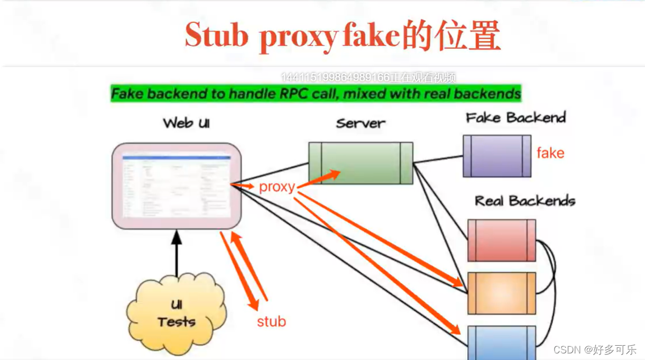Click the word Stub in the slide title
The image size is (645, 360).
tap(217, 36)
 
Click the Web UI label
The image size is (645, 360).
tap(186, 123)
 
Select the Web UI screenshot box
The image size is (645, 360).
tap(177, 185)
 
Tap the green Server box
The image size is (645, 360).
tap(360, 163)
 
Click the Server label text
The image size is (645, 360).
tap(361, 123)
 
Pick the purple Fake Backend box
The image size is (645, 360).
tap(497, 156)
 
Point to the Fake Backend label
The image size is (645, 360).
tap(516, 117)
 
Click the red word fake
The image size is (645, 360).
tap(550, 153)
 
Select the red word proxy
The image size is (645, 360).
tap(277, 187)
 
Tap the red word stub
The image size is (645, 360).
tap(271, 321)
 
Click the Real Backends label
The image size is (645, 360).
tap(525, 201)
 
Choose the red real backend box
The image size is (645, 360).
tap(501, 240)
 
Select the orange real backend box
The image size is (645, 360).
tap(501, 292)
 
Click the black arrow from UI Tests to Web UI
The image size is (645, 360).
tap(177, 255)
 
